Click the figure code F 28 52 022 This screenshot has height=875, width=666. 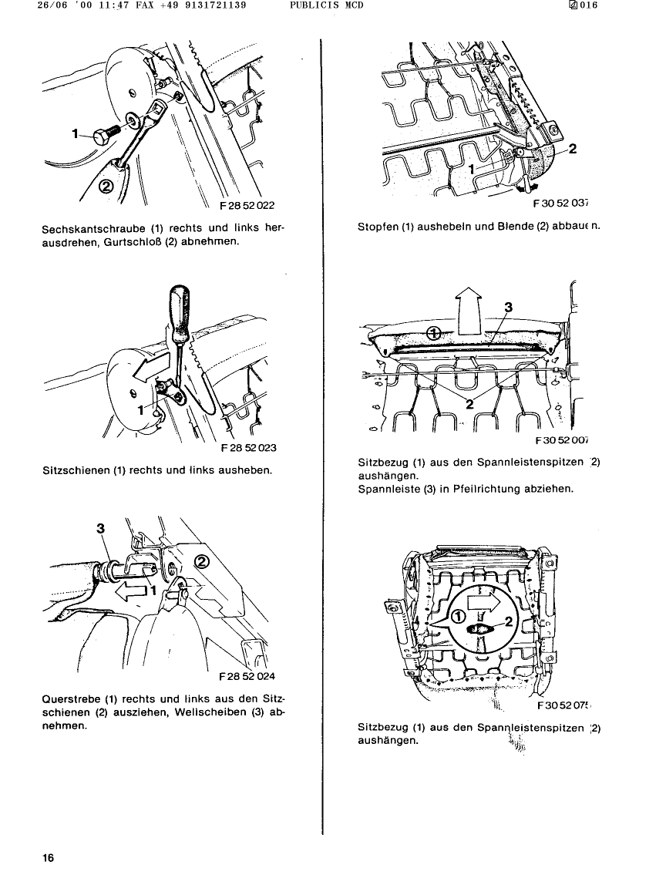point(247,206)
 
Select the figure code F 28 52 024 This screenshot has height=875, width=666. point(246,678)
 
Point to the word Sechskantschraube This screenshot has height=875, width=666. point(92,229)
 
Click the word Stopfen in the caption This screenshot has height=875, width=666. point(378,227)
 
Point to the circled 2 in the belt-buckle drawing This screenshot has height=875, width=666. point(107,186)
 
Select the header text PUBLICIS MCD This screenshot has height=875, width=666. point(327,5)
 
